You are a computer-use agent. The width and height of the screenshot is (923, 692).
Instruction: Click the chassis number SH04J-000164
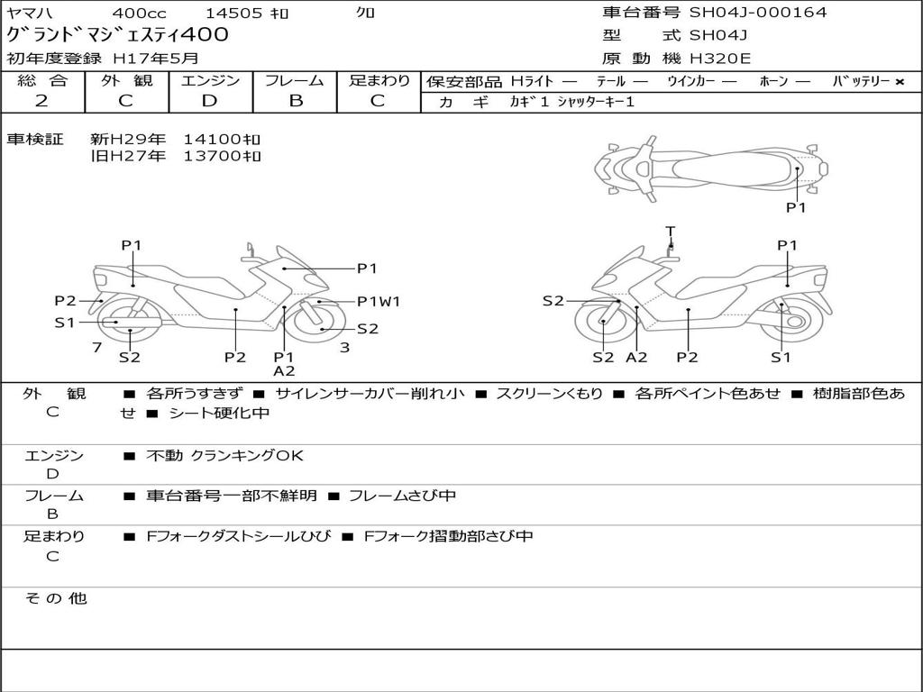pyautogui.click(x=758, y=13)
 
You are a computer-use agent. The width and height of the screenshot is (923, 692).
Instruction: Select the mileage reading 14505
pyautogui.click(x=233, y=14)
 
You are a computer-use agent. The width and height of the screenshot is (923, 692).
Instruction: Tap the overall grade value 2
pyautogui.click(x=42, y=101)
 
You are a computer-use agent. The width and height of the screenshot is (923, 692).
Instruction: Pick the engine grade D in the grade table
pyautogui.click(x=210, y=101)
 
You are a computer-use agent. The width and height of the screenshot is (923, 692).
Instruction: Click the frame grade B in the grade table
pyautogui.click(x=296, y=101)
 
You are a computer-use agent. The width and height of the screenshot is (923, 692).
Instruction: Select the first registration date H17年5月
pyautogui.click(x=156, y=59)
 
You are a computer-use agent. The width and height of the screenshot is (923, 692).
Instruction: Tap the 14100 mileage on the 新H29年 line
pyautogui.click(x=222, y=140)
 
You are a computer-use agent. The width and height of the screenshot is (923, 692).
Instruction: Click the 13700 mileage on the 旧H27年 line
pyautogui.click(x=222, y=156)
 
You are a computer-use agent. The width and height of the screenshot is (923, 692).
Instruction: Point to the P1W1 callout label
pyautogui.click(x=379, y=302)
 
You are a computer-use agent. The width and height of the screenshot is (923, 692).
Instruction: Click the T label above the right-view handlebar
pyautogui.click(x=670, y=231)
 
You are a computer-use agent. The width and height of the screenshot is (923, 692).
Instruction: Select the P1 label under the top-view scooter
pyautogui.click(x=796, y=207)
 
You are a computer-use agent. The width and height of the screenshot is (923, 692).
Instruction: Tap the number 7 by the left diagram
pyautogui.click(x=96, y=347)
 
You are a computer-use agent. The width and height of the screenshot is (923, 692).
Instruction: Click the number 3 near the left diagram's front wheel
pyautogui.click(x=344, y=347)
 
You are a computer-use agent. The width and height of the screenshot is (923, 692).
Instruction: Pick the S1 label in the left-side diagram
pyautogui.click(x=65, y=322)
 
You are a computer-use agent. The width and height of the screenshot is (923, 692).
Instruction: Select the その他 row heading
pyautogui.click(x=55, y=598)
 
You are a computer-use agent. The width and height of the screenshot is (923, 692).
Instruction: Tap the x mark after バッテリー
pyautogui.click(x=899, y=82)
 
